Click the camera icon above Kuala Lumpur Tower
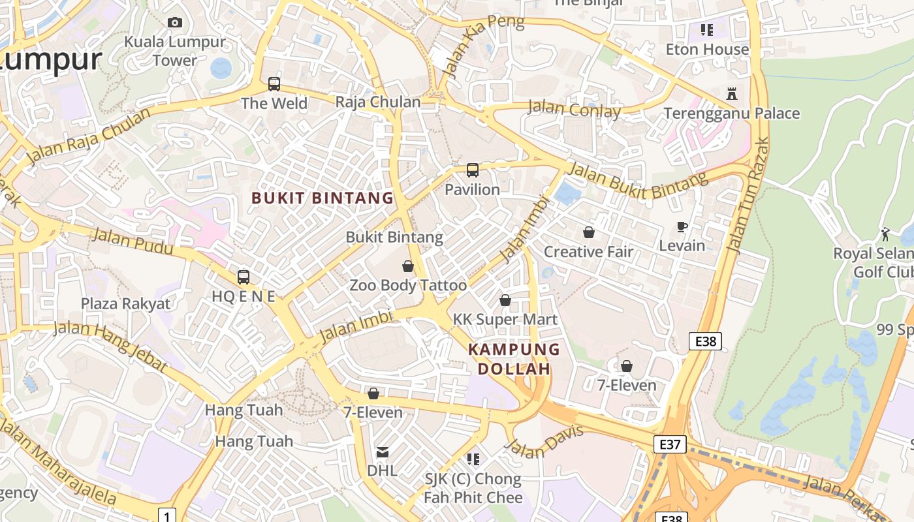point(174,23)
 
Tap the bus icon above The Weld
point(274,84)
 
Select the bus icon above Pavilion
point(473,171)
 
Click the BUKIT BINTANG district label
point(323,198)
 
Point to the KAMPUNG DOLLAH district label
point(514,359)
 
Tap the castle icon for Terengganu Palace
point(732,94)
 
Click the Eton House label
point(707,50)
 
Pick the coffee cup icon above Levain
point(682,226)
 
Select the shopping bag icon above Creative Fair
point(589,232)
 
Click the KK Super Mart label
point(505,319)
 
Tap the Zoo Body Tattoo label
point(408,285)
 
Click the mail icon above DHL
point(383,452)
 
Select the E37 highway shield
point(670,444)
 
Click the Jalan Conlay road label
point(574,109)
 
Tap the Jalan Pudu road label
point(133,241)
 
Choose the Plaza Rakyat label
point(125,303)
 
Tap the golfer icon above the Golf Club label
point(885,234)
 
